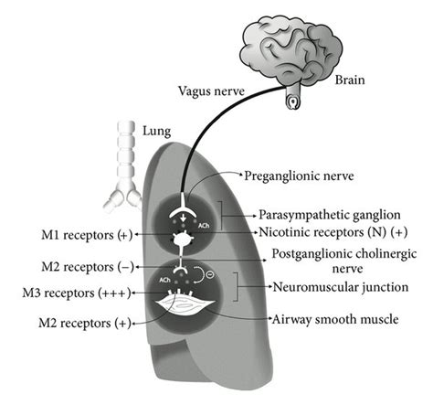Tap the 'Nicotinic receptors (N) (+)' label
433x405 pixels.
point(333,233)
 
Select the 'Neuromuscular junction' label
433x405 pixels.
point(339,286)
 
